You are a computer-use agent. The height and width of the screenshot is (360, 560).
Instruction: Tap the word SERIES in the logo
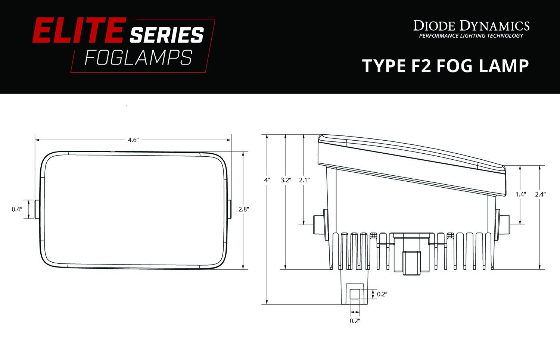(x=167, y=35)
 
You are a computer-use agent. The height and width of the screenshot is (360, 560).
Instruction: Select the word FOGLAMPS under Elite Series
(x=139, y=58)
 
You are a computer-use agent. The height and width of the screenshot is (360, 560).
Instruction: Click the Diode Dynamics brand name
(x=471, y=26)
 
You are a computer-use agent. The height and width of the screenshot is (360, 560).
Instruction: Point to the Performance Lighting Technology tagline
(x=471, y=36)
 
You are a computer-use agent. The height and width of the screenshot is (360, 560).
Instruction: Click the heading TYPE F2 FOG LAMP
(x=445, y=66)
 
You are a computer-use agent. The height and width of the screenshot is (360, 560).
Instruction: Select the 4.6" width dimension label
(x=133, y=140)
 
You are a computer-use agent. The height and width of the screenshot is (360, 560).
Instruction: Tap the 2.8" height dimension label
(x=243, y=209)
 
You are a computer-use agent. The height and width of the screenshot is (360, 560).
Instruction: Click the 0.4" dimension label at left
(x=16, y=209)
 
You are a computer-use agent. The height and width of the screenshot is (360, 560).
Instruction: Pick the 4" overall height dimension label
(x=267, y=180)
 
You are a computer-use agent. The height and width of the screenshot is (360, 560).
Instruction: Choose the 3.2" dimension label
(x=286, y=180)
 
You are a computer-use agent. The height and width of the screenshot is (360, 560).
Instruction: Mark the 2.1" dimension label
(x=304, y=180)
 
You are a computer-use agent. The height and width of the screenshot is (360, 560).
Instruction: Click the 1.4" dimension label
(x=520, y=194)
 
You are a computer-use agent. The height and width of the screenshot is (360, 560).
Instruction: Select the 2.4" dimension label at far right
(x=540, y=194)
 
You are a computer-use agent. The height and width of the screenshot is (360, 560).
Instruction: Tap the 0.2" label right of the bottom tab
(x=382, y=294)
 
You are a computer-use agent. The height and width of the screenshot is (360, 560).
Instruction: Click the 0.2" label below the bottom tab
(x=355, y=321)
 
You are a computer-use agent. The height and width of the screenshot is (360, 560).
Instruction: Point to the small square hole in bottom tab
(x=355, y=294)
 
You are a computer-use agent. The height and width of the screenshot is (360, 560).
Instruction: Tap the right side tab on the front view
(x=230, y=209)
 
